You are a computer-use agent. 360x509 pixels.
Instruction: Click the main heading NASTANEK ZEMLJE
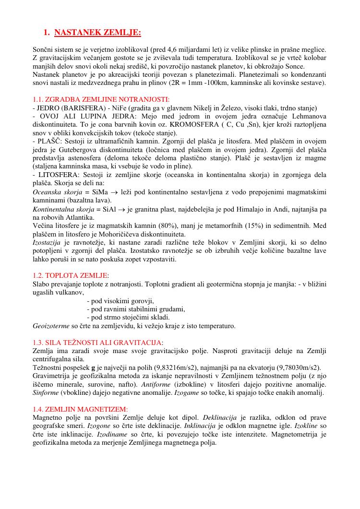tap(97, 33)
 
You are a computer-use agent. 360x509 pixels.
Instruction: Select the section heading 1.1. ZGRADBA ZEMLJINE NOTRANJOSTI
tap(101, 99)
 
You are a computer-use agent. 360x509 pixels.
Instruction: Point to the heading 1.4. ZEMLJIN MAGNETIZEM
tap(80, 409)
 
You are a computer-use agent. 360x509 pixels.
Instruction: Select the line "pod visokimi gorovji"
tap(120, 301)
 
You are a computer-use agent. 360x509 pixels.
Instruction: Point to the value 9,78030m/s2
tap(292, 367)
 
